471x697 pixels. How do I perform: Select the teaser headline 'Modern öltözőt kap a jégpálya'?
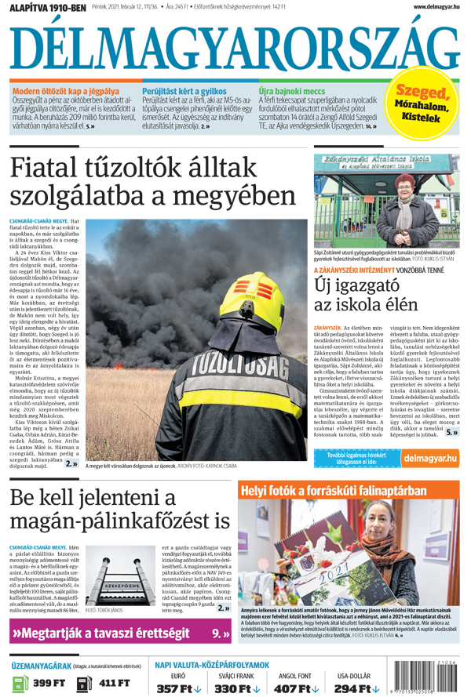tap(66, 92)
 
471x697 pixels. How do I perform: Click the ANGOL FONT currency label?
tap(294, 675)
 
